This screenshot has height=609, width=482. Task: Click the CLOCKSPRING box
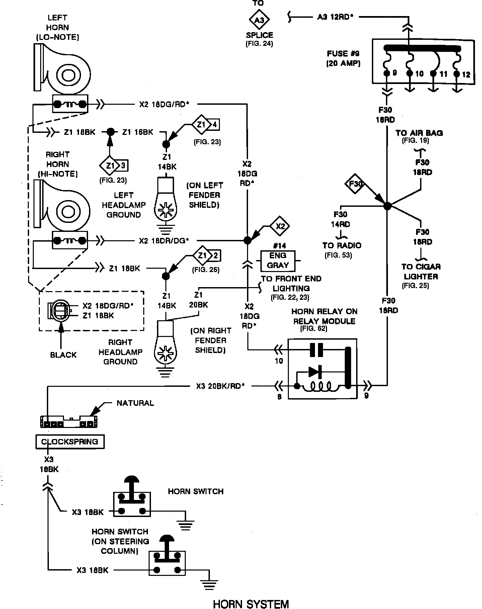tap(70, 442)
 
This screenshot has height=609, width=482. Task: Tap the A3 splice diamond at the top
tap(259, 20)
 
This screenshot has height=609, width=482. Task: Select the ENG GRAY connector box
tap(278, 261)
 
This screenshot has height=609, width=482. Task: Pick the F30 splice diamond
tap(355, 184)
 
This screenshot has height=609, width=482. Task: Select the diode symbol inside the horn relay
tap(315, 371)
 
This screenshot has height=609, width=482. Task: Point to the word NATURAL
tap(135, 403)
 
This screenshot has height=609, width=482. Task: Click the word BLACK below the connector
tap(63, 355)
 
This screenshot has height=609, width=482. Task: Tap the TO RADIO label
tap(342, 245)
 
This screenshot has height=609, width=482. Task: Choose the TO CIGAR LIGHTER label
tap(421, 271)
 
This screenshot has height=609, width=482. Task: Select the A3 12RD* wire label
tap(336, 17)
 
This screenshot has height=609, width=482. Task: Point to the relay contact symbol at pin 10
tap(316, 350)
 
